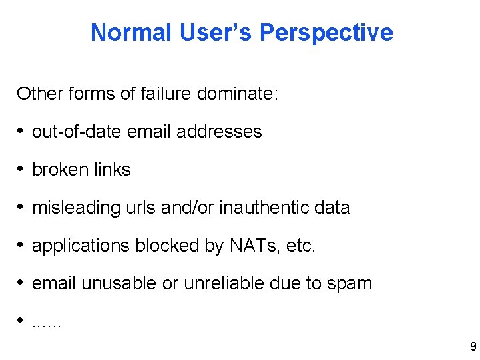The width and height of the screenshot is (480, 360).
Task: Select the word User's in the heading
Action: point(217,32)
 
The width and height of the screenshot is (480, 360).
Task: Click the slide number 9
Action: point(473,347)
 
